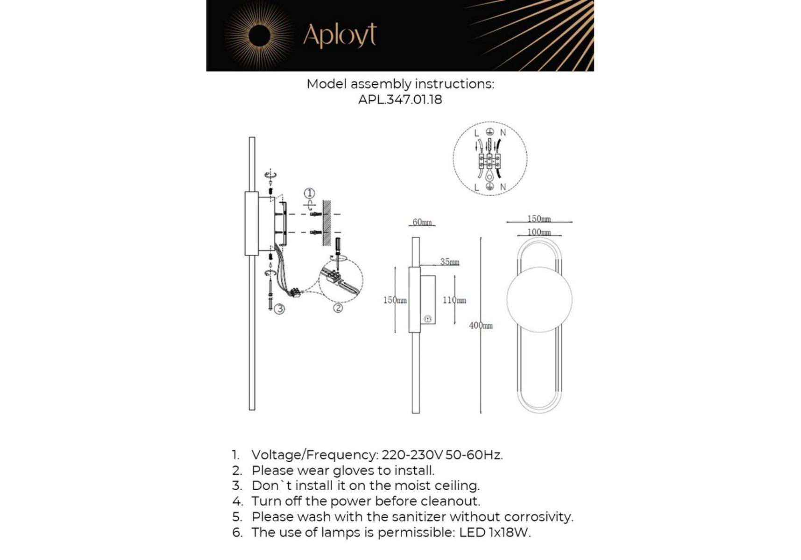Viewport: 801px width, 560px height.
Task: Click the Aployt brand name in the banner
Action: click(x=340, y=35)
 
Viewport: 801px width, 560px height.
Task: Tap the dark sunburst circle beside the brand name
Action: click(x=259, y=36)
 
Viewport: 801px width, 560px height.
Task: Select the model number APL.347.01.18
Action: click(x=400, y=99)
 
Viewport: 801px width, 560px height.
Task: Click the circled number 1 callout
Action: click(x=309, y=193)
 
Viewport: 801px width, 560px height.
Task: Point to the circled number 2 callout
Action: click(x=338, y=308)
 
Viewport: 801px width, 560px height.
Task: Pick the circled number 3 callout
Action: click(x=279, y=308)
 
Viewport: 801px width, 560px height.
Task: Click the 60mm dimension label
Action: click(x=422, y=222)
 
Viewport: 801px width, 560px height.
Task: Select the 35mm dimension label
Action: click(x=449, y=262)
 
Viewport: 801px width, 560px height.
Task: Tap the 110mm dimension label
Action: click(x=454, y=300)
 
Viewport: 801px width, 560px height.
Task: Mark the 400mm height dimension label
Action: click(x=481, y=325)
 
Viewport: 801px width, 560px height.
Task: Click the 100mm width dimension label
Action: click(x=539, y=232)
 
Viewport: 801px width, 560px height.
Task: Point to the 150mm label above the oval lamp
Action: click(x=539, y=218)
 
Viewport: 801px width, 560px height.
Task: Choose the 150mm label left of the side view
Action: click(x=395, y=300)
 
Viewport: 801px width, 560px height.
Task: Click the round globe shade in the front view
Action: click(x=539, y=300)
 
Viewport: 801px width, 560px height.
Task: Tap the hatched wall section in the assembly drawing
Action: click(x=327, y=224)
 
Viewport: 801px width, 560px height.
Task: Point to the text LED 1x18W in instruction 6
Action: click(x=495, y=532)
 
